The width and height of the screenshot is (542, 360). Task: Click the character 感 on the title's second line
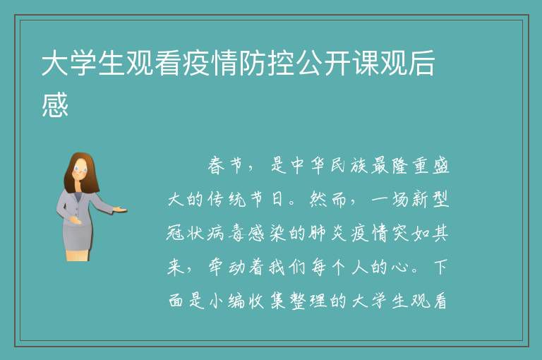(x=55, y=104)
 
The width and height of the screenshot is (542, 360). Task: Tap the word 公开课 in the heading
(x=339, y=63)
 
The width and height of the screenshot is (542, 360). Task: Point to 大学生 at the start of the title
(x=83, y=63)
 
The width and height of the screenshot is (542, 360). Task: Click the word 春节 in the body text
(x=225, y=165)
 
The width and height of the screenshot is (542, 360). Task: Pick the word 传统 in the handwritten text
(x=227, y=200)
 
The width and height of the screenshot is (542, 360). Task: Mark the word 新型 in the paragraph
(x=430, y=200)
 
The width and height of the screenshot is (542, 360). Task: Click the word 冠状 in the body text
(x=186, y=234)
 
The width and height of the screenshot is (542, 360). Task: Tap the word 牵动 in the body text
(x=227, y=268)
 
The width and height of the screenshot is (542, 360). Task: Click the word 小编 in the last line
(x=227, y=301)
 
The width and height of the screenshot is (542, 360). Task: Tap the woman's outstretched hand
(x=120, y=209)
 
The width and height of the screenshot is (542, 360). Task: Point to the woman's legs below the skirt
(x=78, y=256)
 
